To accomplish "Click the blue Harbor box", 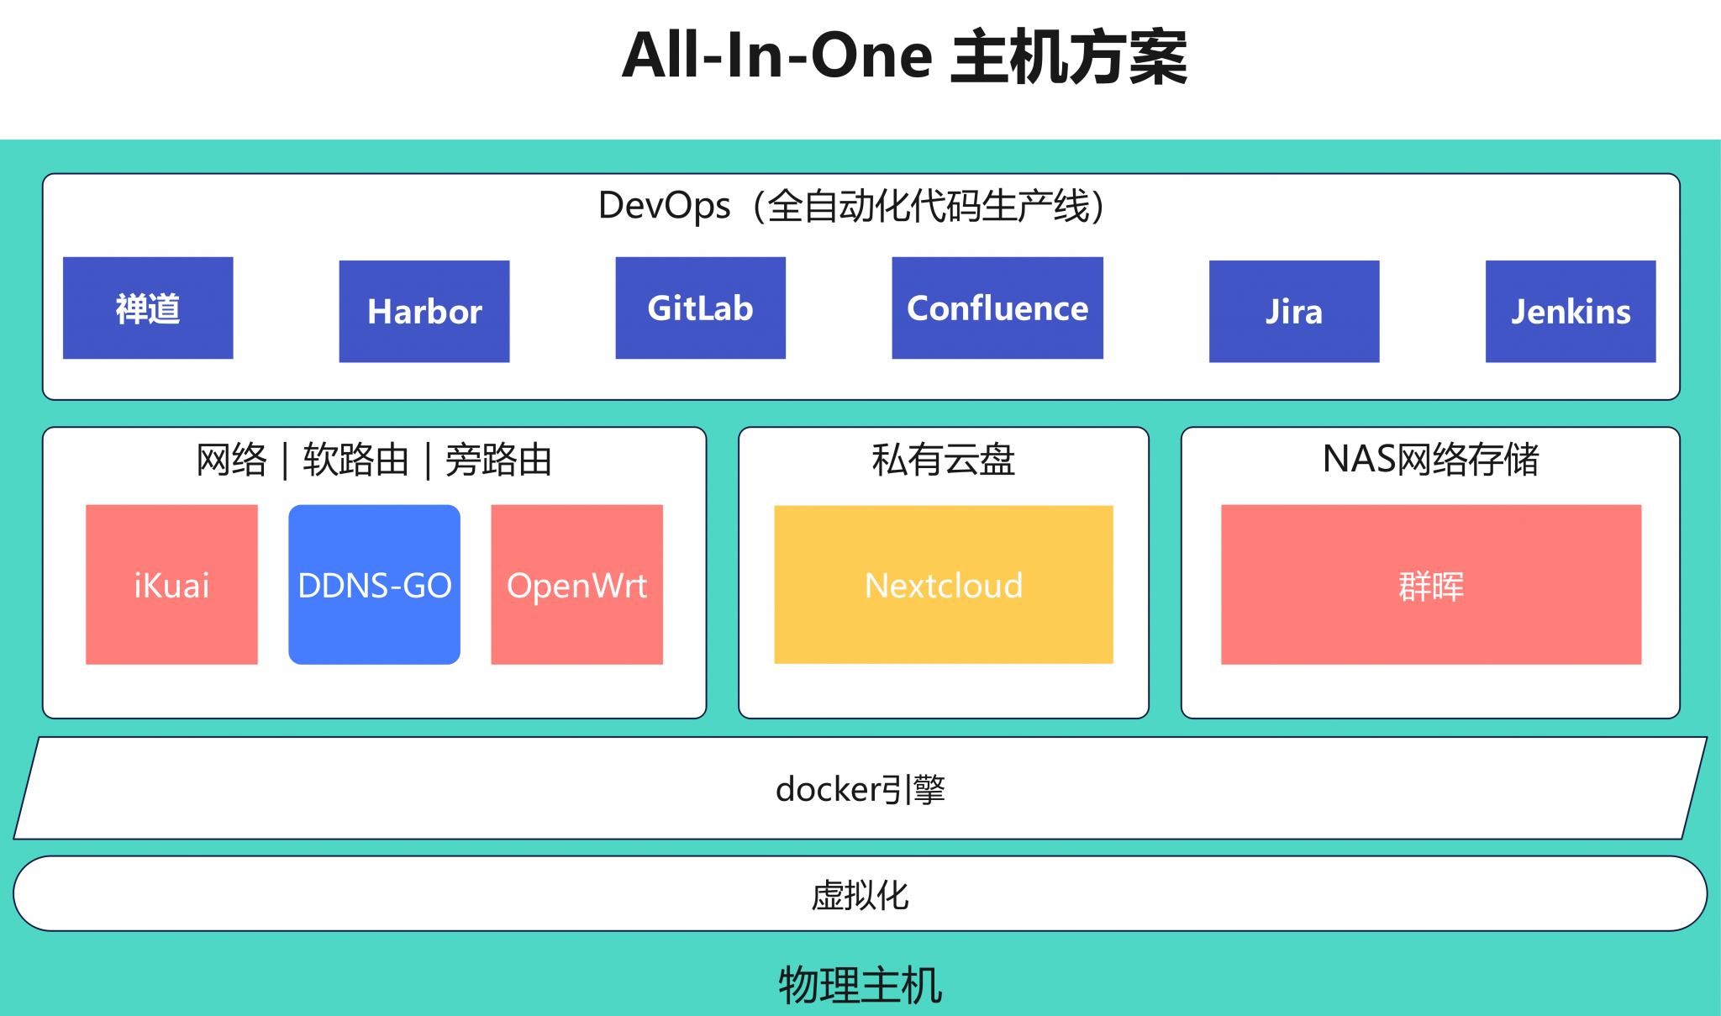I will tap(424, 311).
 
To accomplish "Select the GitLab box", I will tap(700, 308).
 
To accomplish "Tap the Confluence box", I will tap(997, 308).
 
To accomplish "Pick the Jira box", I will tap(1294, 311).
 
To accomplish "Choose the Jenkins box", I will tap(1571, 311).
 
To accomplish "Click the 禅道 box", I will tap(148, 308).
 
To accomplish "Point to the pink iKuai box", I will tap(171, 585).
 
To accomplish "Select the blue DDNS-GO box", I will tap(374, 585).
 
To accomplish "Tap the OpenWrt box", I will tap(576, 585).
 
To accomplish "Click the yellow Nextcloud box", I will tap(944, 585).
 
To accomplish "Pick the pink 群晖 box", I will tap(1431, 585).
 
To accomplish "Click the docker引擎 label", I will tap(860, 789).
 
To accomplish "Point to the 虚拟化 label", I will tap(860, 895).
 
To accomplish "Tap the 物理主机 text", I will tap(860, 985).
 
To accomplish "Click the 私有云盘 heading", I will tap(944, 460).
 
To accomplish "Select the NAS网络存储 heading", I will tap(1431, 460).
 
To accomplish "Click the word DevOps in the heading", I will tap(664, 206).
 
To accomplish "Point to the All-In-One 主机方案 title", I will tap(904, 57).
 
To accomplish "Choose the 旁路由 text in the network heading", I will tap(498, 461).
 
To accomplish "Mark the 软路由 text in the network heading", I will tap(356, 461).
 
